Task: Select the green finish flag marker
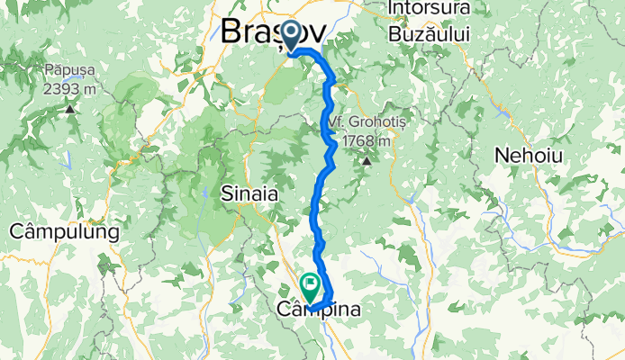pos(311,287)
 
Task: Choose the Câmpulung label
pos(64,232)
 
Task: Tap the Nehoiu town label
pos(528,156)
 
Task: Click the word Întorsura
pos(430,10)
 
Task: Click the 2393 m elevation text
pos(69,88)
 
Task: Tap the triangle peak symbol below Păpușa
pos(69,109)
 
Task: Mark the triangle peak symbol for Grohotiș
pos(367,161)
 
